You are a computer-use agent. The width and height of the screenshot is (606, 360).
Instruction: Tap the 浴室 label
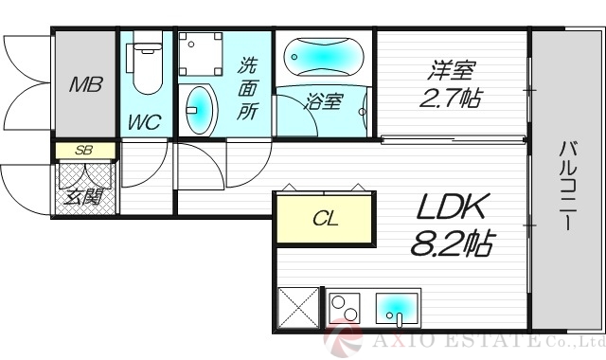323,101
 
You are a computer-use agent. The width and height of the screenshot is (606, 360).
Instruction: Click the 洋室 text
452,70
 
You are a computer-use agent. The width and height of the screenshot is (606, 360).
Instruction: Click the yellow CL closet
324,220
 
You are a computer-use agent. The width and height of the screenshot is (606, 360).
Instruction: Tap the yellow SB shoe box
84,151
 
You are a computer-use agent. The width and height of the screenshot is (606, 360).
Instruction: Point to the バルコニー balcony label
568,188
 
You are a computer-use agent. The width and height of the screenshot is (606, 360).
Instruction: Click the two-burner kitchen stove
346,309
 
